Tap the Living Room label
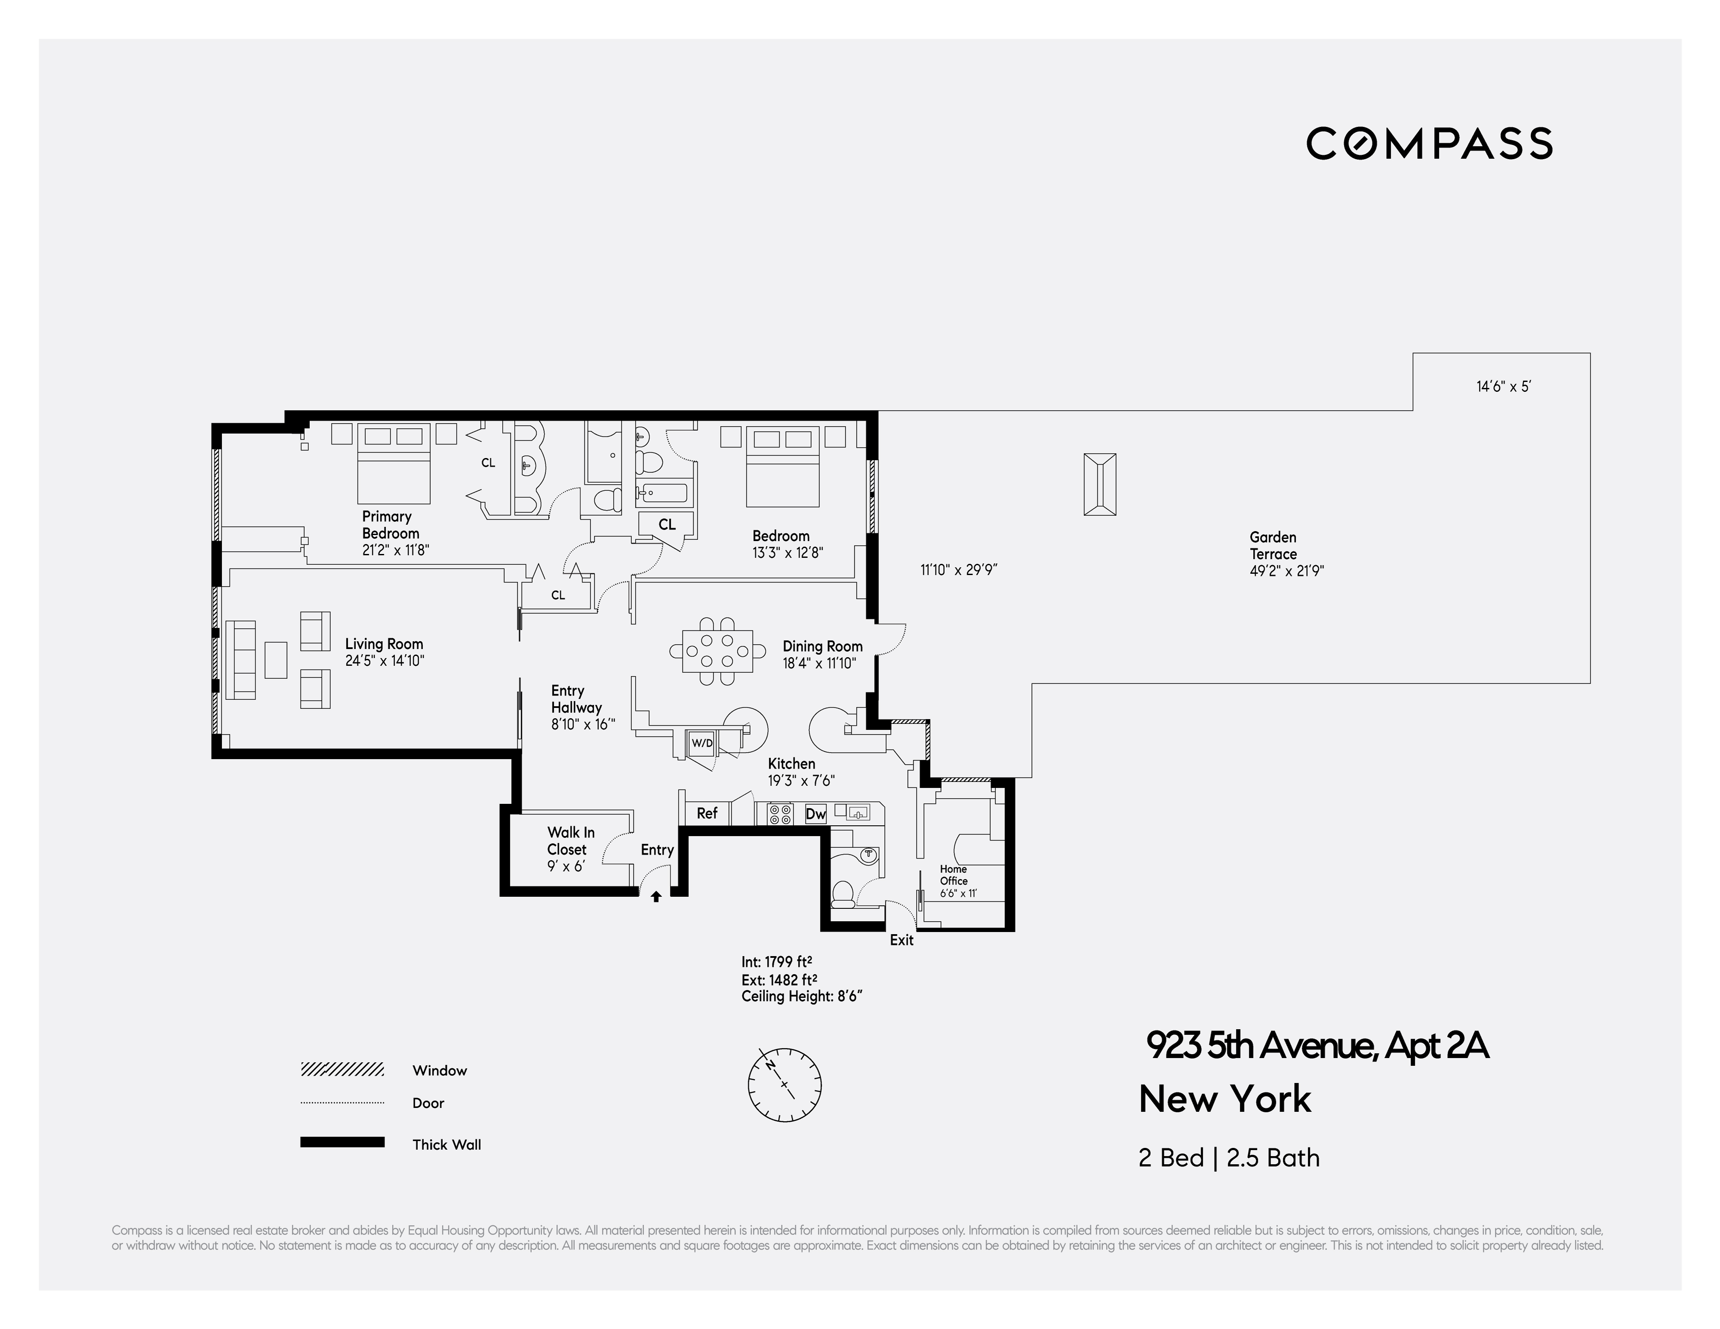point(383,644)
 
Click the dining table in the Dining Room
point(718,651)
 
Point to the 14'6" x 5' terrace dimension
point(1503,387)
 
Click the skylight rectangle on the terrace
point(1099,484)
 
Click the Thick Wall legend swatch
point(342,1142)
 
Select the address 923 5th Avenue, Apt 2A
point(1317,1046)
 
